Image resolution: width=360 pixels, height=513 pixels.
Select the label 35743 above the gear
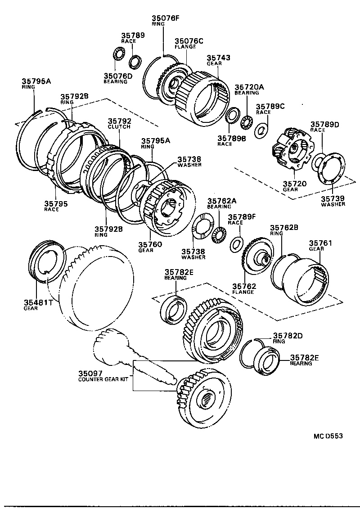[219, 58]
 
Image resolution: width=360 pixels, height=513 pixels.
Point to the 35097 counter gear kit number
[90, 373]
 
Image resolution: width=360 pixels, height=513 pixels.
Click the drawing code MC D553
[328, 436]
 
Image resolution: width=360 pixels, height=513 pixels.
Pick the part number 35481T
[38, 302]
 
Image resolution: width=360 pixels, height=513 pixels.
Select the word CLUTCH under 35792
[119, 127]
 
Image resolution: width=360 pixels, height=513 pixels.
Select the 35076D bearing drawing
[118, 56]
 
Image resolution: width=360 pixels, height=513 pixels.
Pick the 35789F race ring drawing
[236, 244]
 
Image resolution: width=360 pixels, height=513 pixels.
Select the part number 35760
[150, 244]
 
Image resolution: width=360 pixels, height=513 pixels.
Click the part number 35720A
[249, 87]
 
